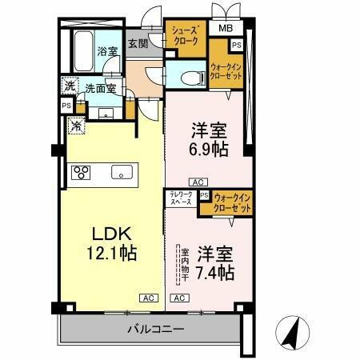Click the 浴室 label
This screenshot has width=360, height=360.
click(x=106, y=50)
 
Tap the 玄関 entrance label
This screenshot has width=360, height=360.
click(x=139, y=43)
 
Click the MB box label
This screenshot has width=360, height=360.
click(x=227, y=30)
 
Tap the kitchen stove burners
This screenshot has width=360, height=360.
click(x=82, y=172)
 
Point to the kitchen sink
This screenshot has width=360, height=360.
click(x=121, y=171)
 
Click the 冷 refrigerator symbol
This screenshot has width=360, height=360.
click(x=76, y=125)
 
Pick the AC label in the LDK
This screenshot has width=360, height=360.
click(x=149, y=298)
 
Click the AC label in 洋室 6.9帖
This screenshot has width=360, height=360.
click(x=198, y=182)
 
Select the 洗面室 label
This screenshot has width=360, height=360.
click(x=99, y=89)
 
